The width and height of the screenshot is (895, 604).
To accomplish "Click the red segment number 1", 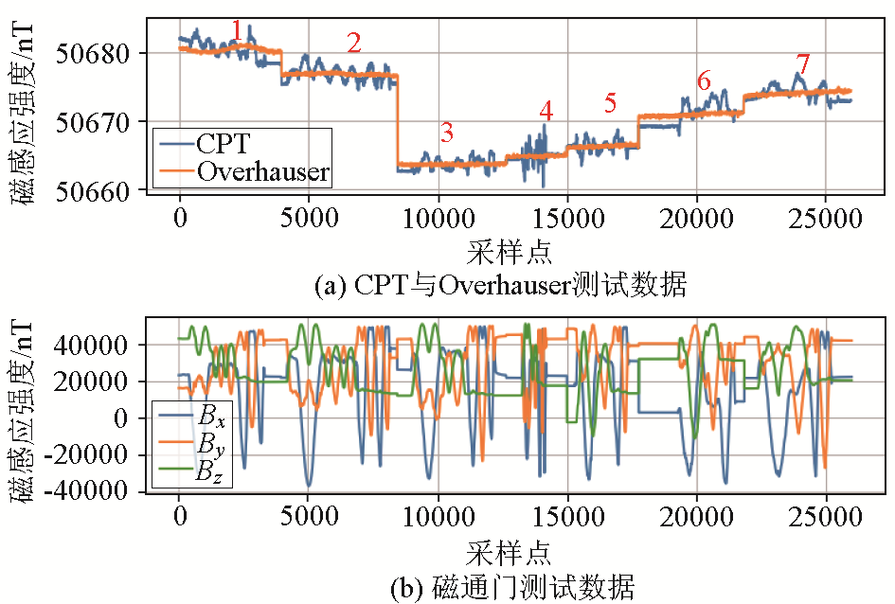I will (x=236, y=31).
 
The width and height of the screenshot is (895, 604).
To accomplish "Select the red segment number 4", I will (x=546, y=111).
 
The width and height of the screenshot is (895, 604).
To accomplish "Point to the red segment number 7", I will (x=803, y=65).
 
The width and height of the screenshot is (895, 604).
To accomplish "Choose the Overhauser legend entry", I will (x=262, y=171).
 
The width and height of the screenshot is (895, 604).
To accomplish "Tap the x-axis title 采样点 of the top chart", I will (x=510, y=253).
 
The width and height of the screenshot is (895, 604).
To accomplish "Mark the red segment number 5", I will (x=610, y=102).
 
